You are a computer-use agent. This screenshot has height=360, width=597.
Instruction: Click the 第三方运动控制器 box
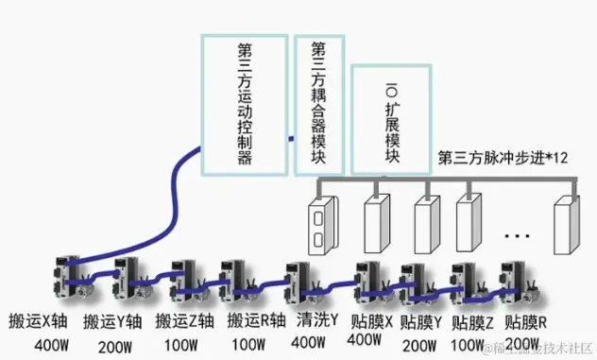[244, 104]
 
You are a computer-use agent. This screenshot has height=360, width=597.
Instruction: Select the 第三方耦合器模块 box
[318, 104]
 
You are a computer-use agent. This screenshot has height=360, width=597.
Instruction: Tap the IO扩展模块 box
[391, 119]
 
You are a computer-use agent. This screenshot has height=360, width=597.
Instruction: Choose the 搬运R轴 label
[251, 318]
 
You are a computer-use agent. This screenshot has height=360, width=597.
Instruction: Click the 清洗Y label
[316, 318]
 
